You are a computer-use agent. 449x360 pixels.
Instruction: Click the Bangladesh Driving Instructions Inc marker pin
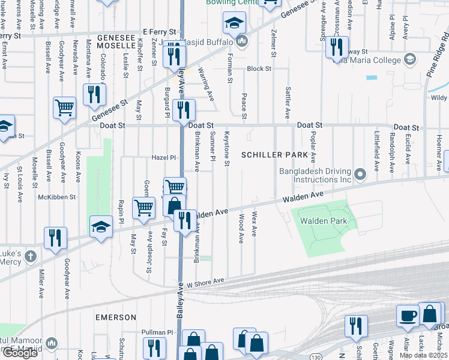[x=360, y=174]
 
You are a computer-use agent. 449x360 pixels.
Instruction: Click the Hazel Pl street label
[x=163, y=158]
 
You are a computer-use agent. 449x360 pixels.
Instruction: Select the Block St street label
[x=259, y=69]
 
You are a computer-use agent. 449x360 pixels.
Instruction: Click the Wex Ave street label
[x=254, y=223]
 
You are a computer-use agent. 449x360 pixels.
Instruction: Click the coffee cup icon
[x=408, y=314]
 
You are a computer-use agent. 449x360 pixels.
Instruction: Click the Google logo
[x=19, y=353]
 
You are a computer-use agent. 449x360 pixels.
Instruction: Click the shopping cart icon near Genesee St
[x=64, y=108]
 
